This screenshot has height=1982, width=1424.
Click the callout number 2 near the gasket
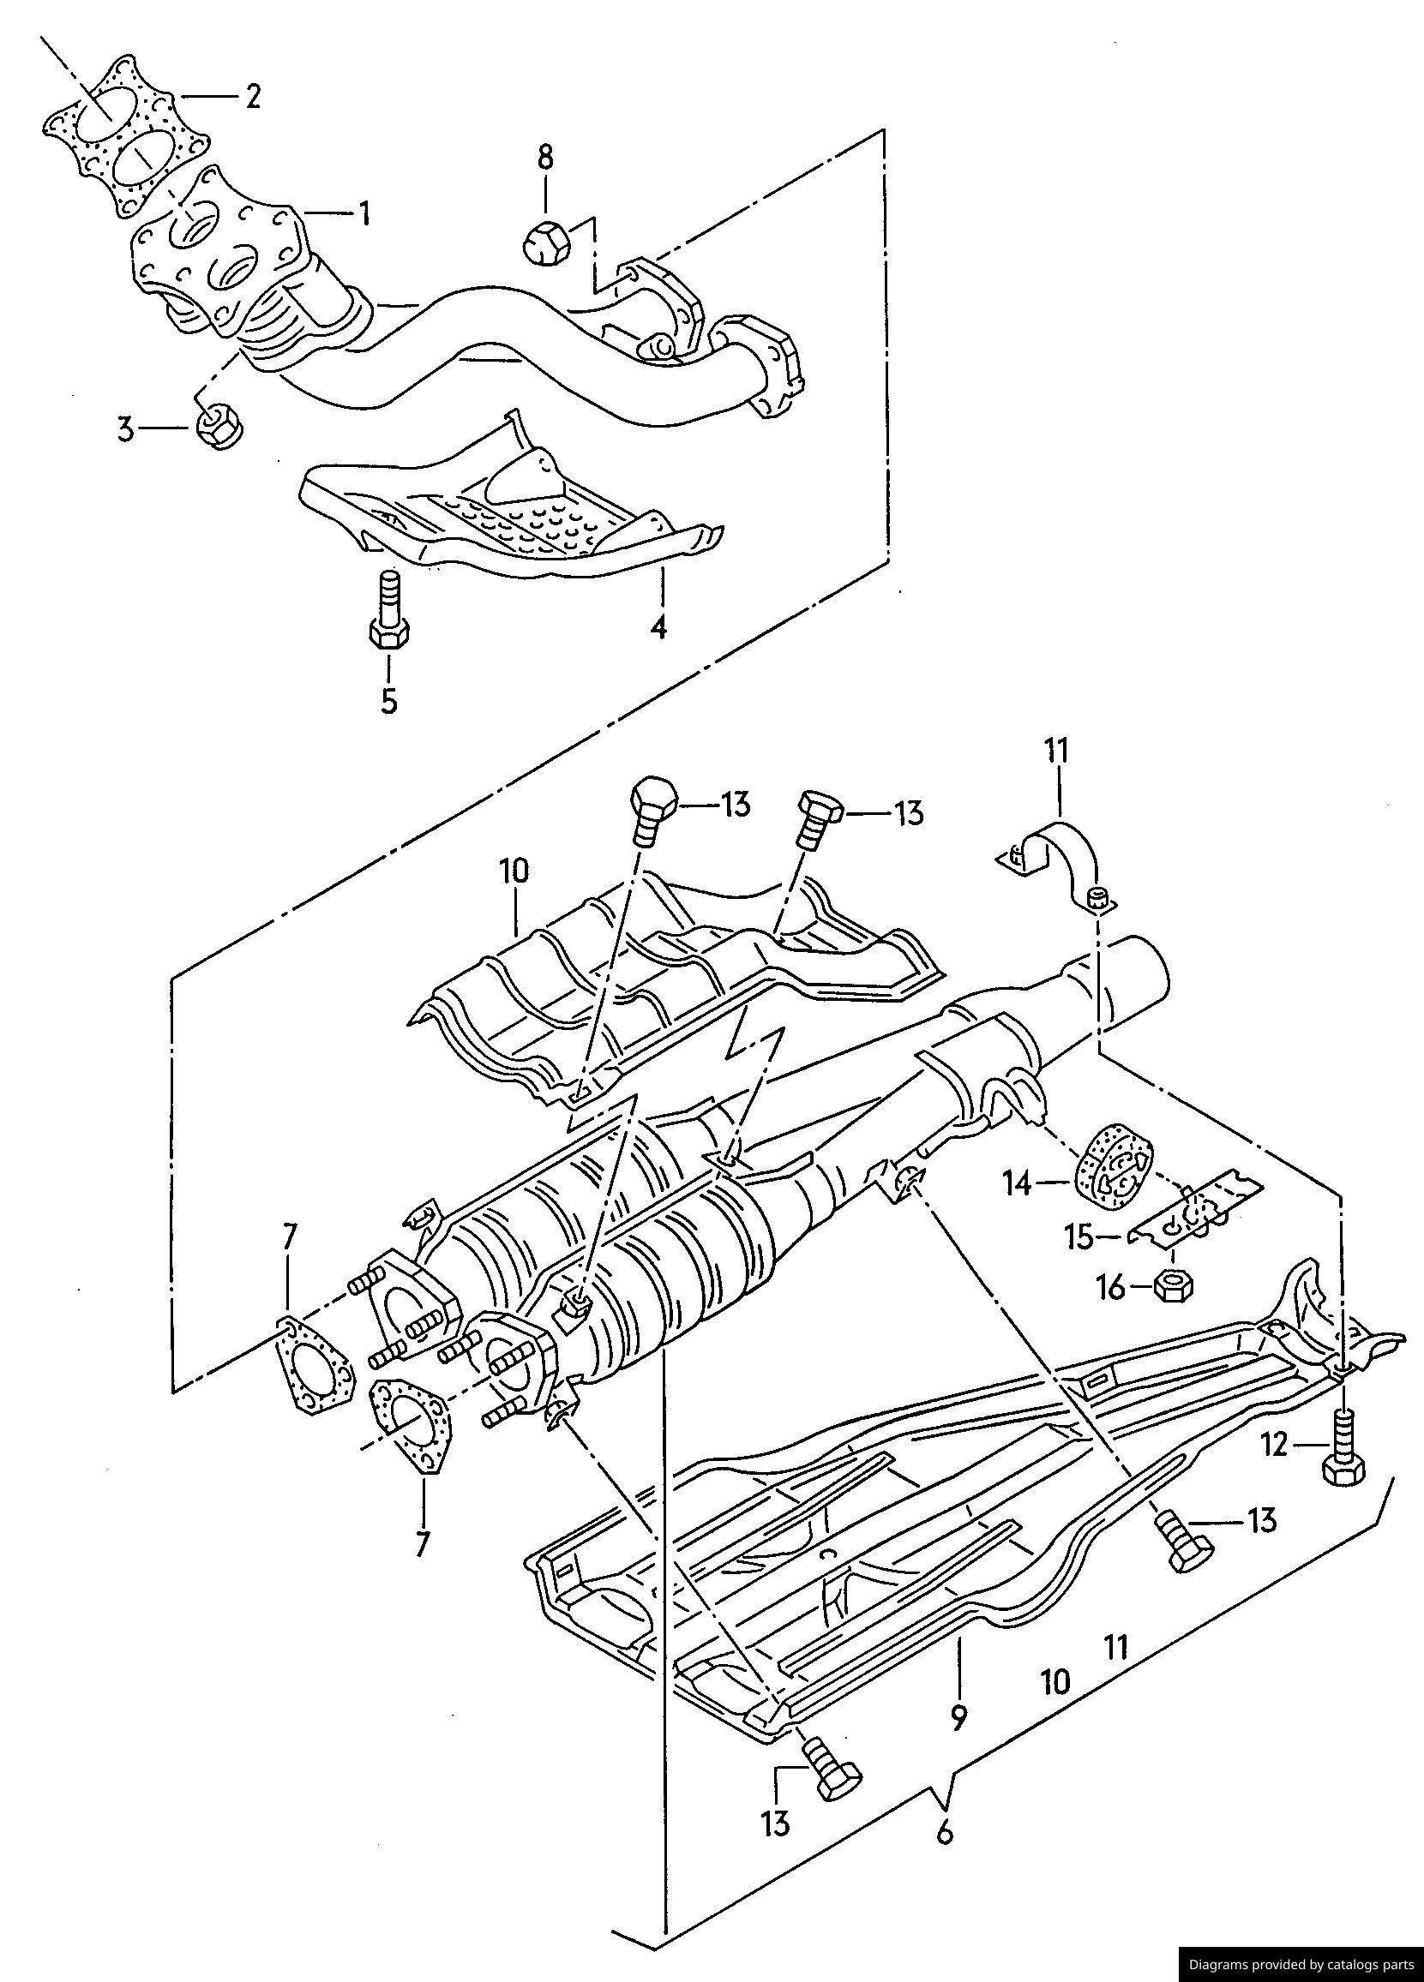252,97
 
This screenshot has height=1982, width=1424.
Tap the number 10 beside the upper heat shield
515,876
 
